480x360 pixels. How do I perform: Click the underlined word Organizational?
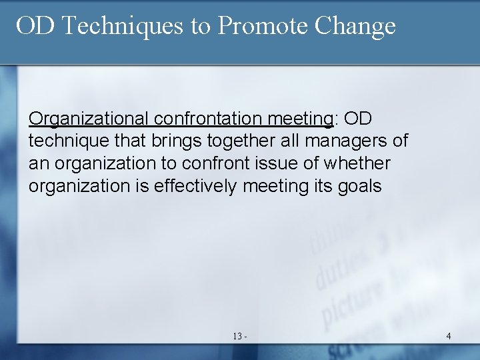tap(89, 119)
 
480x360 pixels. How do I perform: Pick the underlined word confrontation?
tap(208, 119)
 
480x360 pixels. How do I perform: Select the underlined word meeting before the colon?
tap(300, 119)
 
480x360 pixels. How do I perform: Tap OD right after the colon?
tap(358, 119)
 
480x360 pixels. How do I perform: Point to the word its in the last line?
tap(322, 186)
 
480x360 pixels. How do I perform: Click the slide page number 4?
tap(448, 336)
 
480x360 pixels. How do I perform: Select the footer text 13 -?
tap(240, 336)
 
